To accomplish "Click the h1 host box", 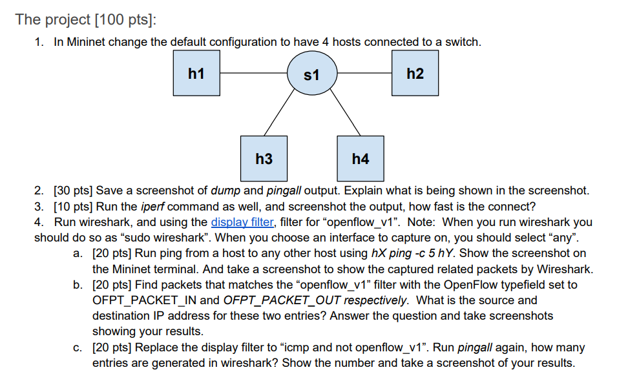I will (x=196, y=74).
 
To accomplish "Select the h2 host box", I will (x=415, y=74).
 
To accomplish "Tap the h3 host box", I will (x=264, y=158).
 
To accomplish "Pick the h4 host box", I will (x=361, y=158).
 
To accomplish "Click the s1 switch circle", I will (x=311, y=76).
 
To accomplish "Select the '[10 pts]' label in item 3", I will (x=73, y=206).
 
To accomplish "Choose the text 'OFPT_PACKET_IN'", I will (x=145, y=300).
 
